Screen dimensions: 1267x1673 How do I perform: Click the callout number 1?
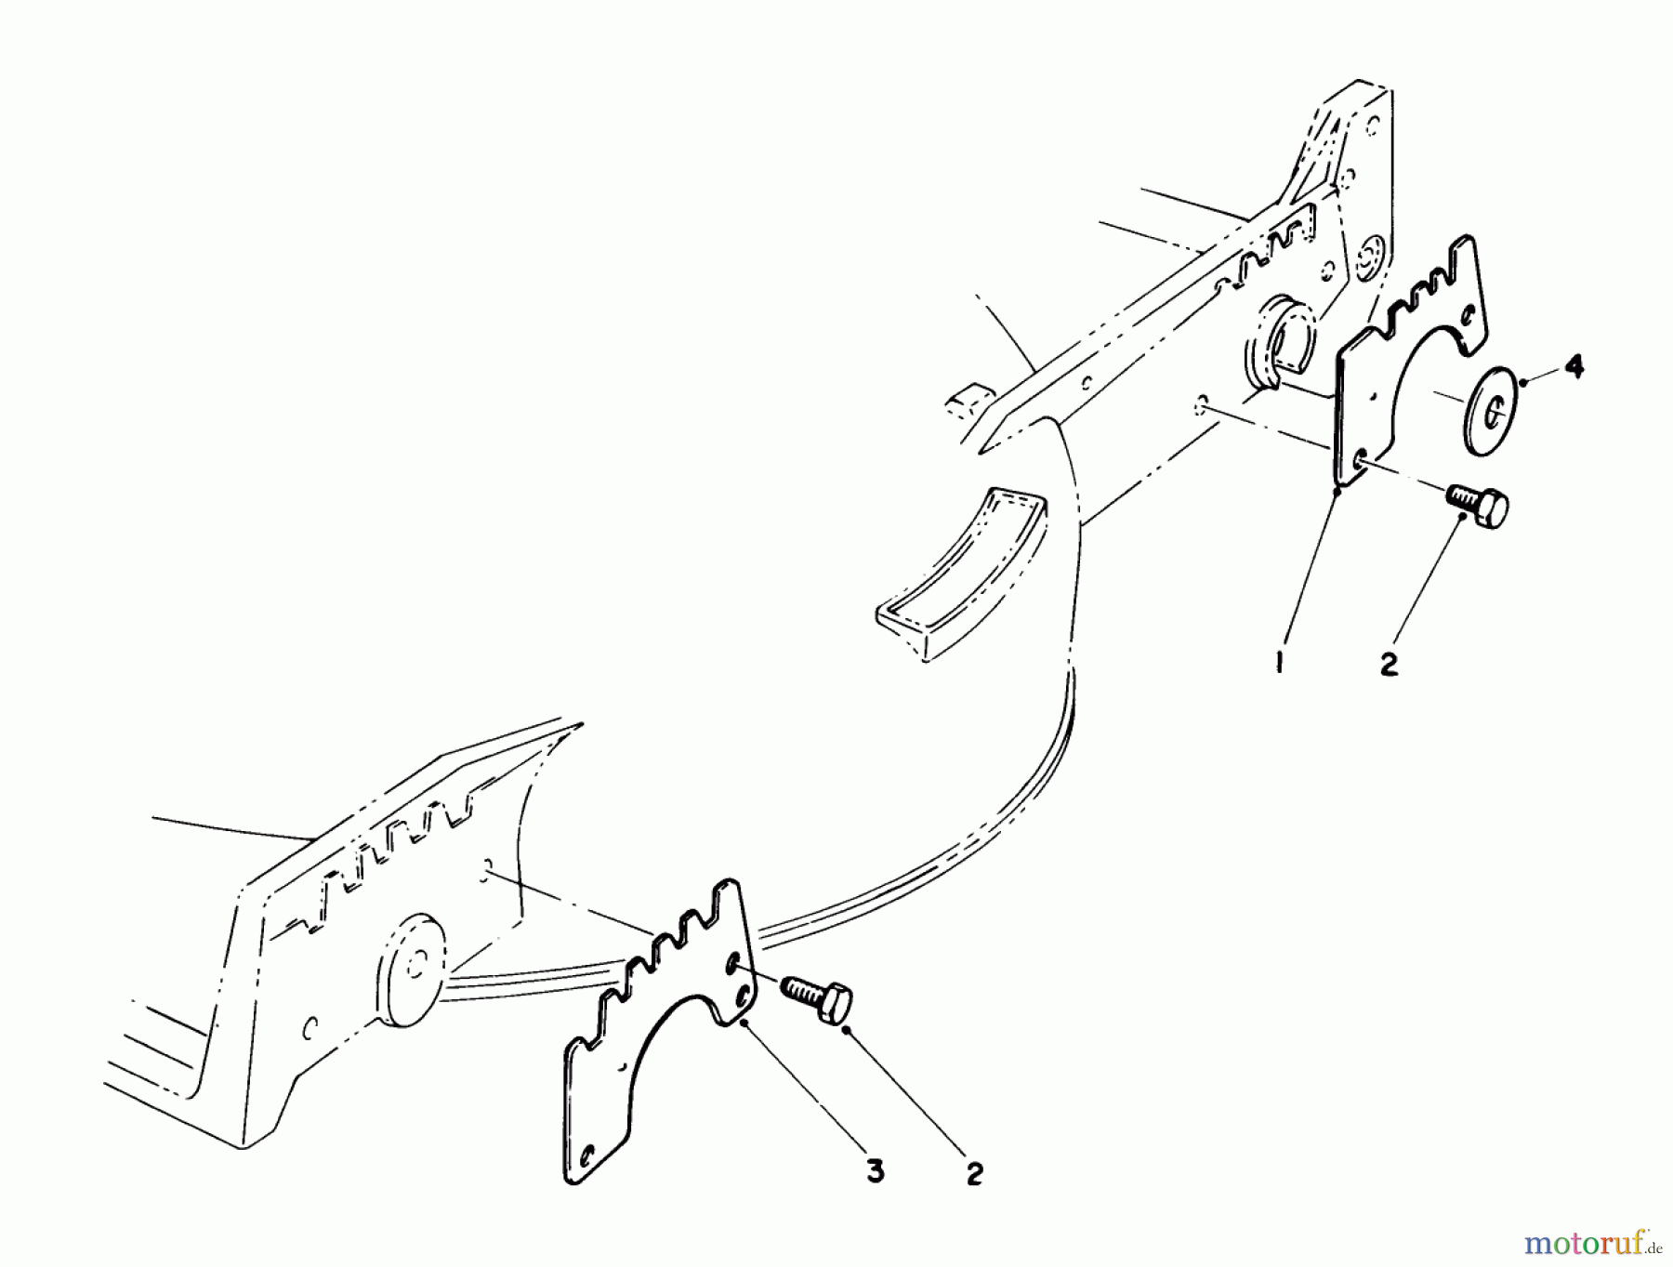[1280, 663]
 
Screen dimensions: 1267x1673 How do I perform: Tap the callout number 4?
[1572, 368]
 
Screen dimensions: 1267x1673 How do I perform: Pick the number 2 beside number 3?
[973, 1174]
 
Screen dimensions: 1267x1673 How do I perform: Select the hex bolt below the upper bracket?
[1477, 506]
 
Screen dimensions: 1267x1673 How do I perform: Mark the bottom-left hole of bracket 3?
[586, 1157]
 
